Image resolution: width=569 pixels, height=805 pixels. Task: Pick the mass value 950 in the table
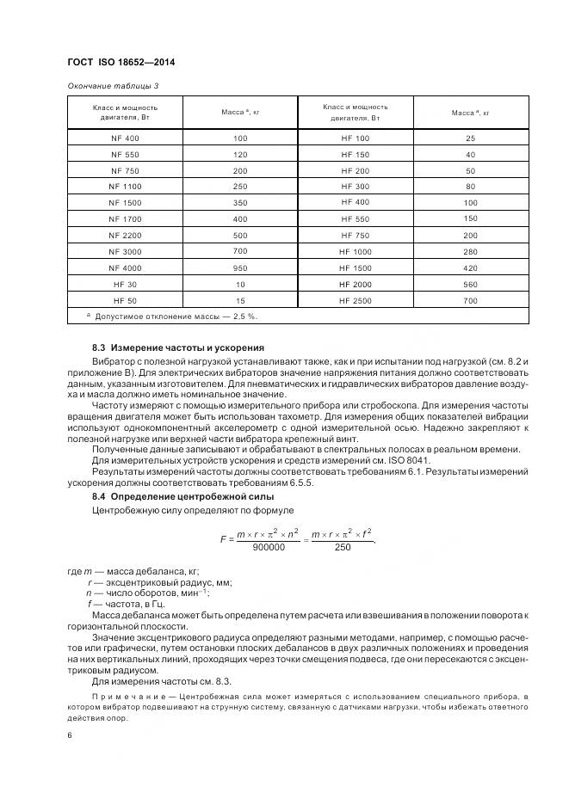pos(240,267)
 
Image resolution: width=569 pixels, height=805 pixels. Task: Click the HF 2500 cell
pos(355,299)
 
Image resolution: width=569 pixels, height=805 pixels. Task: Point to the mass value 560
pos(470,284)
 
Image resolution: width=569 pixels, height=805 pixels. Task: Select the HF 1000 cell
pos(355,251)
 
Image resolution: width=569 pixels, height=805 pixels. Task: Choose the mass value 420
pos(470,267)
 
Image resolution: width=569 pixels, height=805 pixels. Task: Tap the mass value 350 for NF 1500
pos(240,203)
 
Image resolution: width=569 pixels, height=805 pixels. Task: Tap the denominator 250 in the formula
pos(343,548)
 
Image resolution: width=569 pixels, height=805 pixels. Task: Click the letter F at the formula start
pos(223,539)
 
